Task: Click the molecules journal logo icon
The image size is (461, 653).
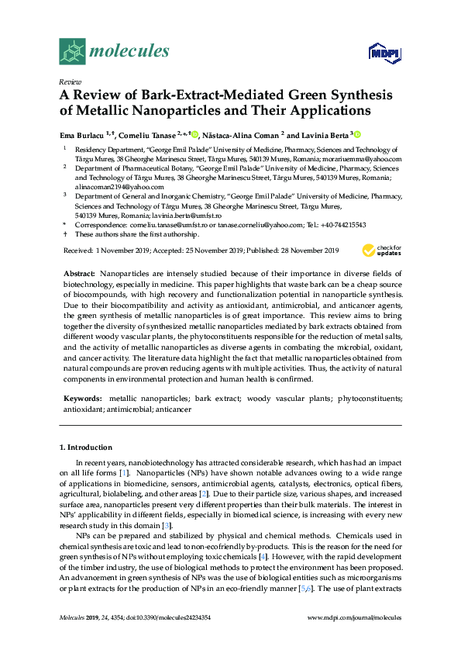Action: tap(72, 51)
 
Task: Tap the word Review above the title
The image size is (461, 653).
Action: tap(70, 81)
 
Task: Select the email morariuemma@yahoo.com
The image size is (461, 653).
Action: tap(364, 159)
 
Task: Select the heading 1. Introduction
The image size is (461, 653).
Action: tap(86, 447)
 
